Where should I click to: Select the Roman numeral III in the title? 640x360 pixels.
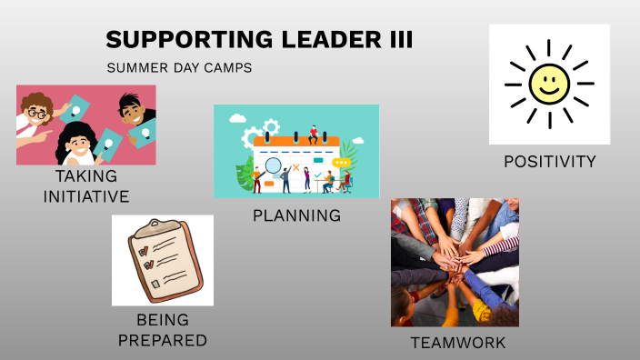coord(398,40)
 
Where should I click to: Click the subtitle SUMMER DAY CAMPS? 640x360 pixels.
coord(179,68)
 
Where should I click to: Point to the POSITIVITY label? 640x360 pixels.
coord(550,162)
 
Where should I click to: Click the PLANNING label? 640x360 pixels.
coord(296,215)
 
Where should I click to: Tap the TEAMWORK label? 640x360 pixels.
coord(457,343)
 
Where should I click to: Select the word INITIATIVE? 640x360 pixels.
coord(86,195)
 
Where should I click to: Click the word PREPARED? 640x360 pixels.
coord(163,340)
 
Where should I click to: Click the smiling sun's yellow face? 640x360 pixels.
coord(549,85)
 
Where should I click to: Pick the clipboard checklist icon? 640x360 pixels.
coord(163,260)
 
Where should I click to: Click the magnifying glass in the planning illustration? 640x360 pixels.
coord(272,165)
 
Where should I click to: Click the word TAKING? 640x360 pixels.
coord(86,175)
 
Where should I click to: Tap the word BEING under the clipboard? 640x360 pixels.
coord(163,320)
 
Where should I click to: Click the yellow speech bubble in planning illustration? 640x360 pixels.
coord(342,163)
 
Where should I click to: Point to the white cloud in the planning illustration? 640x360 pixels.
coord(238,117)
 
